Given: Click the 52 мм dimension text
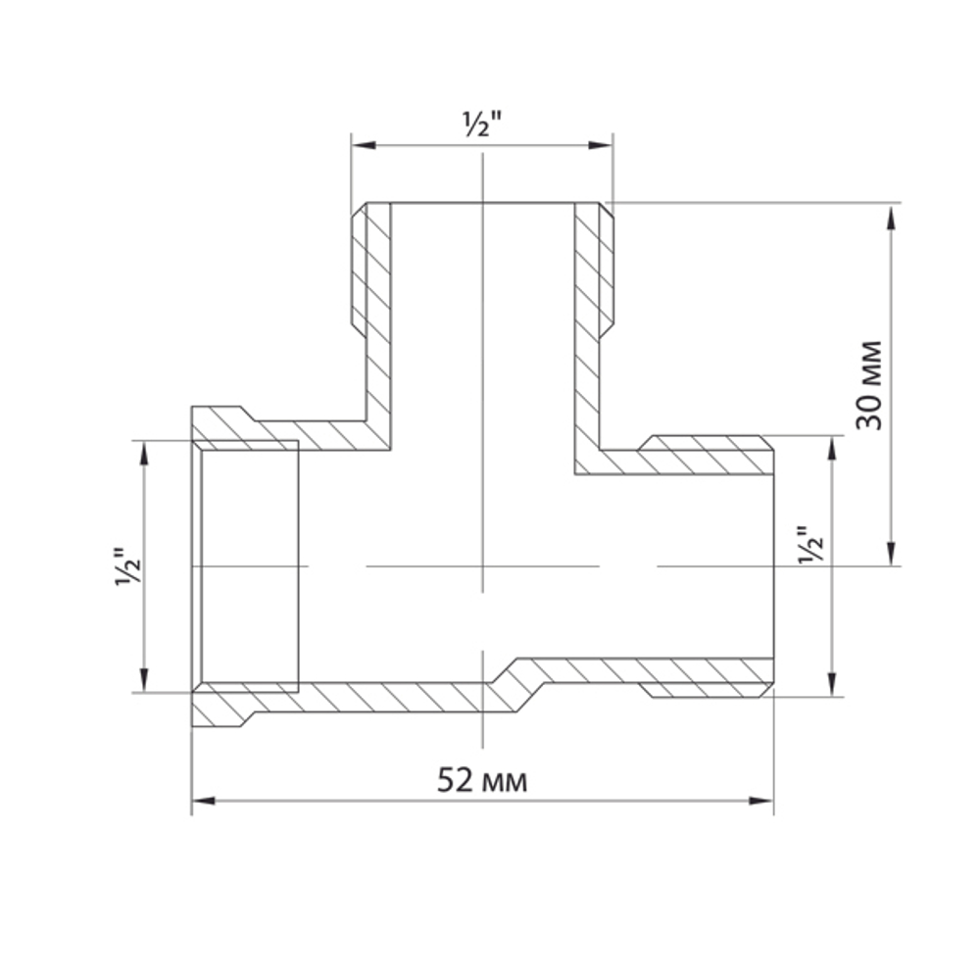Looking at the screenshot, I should click(482, 781).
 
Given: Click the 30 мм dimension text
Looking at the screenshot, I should click(870, 384).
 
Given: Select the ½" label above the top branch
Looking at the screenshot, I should click(481, 125).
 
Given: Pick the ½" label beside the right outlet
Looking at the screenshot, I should click(811, 545).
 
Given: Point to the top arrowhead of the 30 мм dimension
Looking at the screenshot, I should click(891, 217).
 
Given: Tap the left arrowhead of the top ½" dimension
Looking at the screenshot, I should click(364, 146).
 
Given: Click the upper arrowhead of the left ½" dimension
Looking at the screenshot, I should click(145, 453).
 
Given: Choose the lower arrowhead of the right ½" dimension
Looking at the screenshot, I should click(833, 684).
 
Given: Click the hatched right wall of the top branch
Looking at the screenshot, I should click(588, 323).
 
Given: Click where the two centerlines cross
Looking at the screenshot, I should click(482, 566).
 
